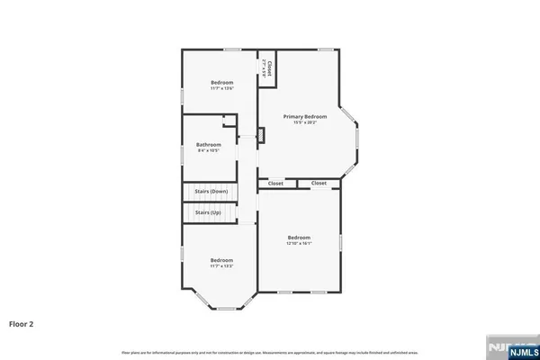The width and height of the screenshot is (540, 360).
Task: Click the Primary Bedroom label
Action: click(x=304, y=116)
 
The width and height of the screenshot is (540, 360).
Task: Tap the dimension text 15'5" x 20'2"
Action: click(x=304, y=122)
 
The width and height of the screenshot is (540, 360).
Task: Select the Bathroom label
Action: click(x=210, y=144)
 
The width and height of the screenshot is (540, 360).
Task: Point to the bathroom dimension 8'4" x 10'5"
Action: click(x=210, y=150)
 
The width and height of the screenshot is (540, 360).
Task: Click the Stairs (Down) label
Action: click(x=212, y=192)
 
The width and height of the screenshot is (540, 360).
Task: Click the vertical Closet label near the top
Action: click(x=269, y=67)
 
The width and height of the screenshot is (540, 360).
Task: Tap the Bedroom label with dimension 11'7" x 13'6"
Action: click(x=221, y=81)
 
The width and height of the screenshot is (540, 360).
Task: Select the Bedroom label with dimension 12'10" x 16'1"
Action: click(x=299, y=237)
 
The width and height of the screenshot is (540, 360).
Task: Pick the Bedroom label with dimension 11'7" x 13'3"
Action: click(x=221, y=259)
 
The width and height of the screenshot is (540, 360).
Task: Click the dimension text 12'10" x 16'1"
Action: click(x=299, y=243)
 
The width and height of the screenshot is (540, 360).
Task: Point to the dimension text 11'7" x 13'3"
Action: click(x=221, y=265)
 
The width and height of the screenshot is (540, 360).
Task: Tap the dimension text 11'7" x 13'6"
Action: click(x=221, y=87)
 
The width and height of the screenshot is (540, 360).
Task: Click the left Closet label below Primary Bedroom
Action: click(x=275, y=184)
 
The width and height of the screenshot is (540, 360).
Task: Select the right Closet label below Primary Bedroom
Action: click(x=319, y=184)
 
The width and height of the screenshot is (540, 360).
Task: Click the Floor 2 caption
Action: click(x=22, y=322)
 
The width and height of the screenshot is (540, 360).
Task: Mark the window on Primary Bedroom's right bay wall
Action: click(x=356, y=139)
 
